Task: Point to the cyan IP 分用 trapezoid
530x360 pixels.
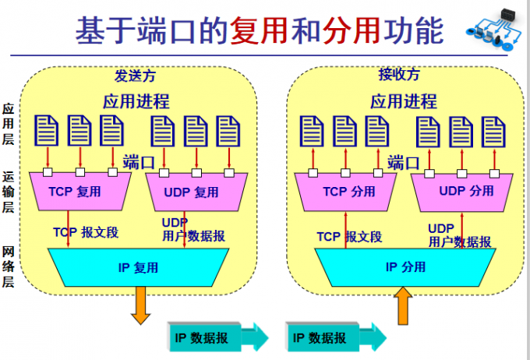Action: tap(405, 266)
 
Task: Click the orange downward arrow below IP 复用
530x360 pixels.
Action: tap(141, 305)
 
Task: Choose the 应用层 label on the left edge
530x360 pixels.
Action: tap(9, 123)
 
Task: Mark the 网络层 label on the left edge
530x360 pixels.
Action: tap(9, 266)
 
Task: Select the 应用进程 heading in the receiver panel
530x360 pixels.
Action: tap(403, 101)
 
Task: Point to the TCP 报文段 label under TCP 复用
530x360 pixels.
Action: tap(85, 232)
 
